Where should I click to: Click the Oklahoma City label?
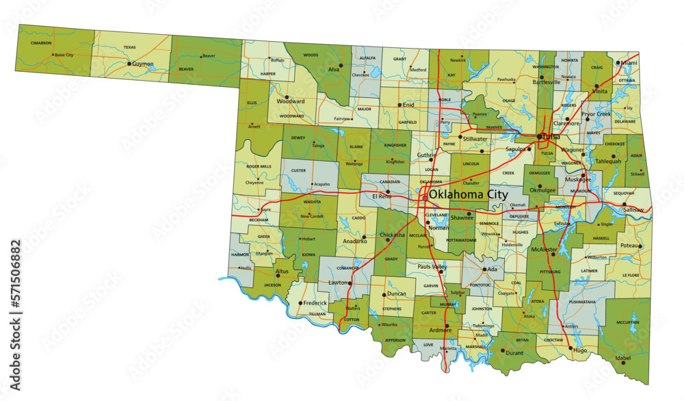coord(469,194)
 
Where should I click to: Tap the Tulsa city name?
coord(551,136)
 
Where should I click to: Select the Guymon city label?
coord(143,64)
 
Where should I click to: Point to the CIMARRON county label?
coord(41,42)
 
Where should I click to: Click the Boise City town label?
coord(64,55)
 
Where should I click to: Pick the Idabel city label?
coord(623,358)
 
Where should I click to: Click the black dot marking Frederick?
coord(300,302)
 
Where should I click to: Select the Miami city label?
coord(629,62)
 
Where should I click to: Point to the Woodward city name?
coord(290,101)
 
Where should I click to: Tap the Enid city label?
coord(408,105)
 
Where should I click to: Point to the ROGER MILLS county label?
coord(259,166)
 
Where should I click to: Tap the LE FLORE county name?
coord(630,275)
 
